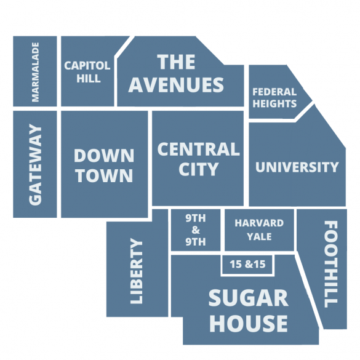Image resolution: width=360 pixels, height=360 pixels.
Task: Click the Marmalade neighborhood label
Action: [x=35, y=71]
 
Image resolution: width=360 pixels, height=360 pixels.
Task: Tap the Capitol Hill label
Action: [x=87, y=71]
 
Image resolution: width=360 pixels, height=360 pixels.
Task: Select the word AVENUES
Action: [x=176, y=84]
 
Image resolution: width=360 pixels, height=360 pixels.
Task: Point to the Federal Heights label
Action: [x=274, y=98]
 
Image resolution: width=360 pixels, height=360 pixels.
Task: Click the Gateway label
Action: [x=35, y=164]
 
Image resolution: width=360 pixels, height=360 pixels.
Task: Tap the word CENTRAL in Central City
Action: [x=198, y=149]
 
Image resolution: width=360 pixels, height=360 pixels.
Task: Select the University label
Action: [x=297, y=167]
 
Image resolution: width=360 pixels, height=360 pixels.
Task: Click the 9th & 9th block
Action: [x=196, y=230]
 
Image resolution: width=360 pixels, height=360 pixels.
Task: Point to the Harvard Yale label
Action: [x=259, y=230]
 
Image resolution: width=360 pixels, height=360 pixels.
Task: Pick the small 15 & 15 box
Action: [x=247, y=265]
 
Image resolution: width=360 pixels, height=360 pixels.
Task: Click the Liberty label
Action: [x=137, y=271]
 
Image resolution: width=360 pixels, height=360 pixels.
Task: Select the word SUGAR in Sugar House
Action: [x=248, y=298]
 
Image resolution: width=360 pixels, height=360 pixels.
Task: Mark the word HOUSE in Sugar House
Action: [x=248, y=323]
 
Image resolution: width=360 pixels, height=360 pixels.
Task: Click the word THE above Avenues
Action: [x=176, y=62]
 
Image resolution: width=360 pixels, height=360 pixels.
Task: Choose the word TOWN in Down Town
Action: [x=104, y=175]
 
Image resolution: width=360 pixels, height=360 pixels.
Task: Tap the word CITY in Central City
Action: [x=198, y=169]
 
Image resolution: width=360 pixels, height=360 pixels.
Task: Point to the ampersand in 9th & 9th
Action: [x=196, y=230]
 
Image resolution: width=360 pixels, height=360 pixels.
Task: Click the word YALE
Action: [x=259, y=236]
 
